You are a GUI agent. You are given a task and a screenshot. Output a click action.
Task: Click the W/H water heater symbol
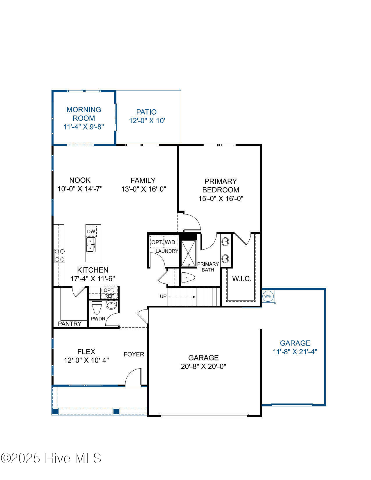pyautogui.click(x=268, y=296)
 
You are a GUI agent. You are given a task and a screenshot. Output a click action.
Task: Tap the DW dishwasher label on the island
pyautogui.click(x=91, y=232)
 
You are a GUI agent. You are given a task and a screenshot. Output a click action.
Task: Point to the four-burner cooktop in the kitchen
pyautogui.click(x=59, y=255)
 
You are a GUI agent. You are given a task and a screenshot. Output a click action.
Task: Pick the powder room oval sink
pyautogui.click(x=111, y=305)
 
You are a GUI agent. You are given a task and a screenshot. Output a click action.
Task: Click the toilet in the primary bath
pyautogui.click(x=188, y=277)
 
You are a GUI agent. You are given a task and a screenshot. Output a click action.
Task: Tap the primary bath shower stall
pyautogui.click(x=189, y=254)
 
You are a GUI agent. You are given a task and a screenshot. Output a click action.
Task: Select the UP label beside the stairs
pyautogui.click(x=163, y=296)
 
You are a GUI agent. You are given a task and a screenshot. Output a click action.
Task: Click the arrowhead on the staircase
pyautogui.click(x=194, y=297)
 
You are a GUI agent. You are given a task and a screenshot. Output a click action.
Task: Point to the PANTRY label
pyautogui.click(x=70, y=324)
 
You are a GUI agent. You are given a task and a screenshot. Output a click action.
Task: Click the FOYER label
pyautogui.click(x=134, y=355)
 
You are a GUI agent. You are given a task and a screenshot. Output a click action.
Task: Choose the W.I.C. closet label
pyautogui.click(x=242, y=279)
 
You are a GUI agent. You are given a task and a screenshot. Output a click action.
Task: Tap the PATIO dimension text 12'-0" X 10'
pyautogui.click(x=147, y=121)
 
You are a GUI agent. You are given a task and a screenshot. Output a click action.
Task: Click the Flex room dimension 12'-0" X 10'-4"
pyautogui.click(x=86, y=360)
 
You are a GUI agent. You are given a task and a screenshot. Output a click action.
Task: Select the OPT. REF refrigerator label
pyautogui.click(x=109, y=293)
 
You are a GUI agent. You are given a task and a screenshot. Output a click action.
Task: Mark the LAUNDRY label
pyautogui.click(x=167, y=251)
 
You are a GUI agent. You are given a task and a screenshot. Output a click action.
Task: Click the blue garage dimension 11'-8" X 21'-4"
pyautogui.click(x=295, y=352)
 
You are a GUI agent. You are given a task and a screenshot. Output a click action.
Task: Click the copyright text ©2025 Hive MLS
pyautogui.click(x=51, y=458)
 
